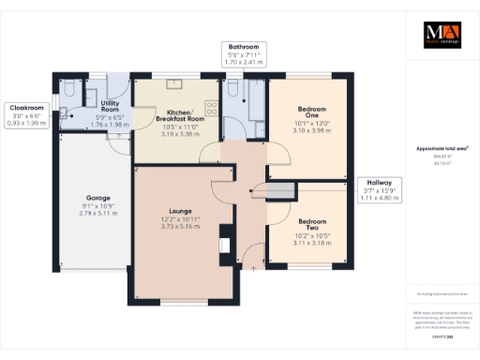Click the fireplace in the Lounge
coord(223,246)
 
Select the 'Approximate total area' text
coord(441,148)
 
